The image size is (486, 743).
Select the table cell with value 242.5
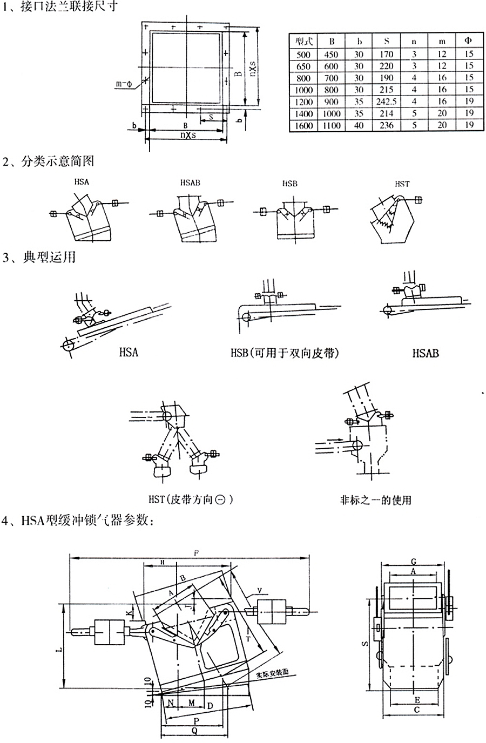tap(386, 102)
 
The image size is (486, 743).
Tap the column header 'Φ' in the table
tap(468, 41)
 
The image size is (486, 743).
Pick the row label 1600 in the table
tap(303, 125)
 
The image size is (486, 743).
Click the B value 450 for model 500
tap(331, 54)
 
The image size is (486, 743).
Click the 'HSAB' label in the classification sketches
tap(190, 183)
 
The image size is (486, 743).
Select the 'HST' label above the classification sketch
tap(402, 184)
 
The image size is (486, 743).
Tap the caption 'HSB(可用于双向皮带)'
tap(285, 353)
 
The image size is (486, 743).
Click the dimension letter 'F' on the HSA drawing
tap(197, 553)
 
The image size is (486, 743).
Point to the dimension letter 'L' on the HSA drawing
tap(60, 648)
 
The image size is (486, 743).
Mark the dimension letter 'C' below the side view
tap(416, 711)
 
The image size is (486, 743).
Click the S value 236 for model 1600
tap(386, 125)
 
